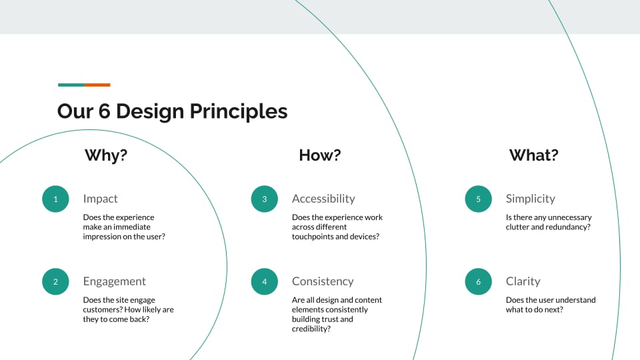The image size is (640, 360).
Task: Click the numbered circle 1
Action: point(55,199)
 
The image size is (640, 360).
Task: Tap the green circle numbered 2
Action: point(55,281)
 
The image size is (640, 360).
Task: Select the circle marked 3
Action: point(265,199)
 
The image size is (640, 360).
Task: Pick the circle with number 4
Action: point(265,281)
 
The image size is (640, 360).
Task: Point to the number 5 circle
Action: point(479,199)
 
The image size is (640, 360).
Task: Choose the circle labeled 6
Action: point(479,281)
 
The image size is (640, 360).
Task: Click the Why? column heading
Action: point(106,155)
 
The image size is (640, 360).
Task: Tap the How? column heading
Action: point(320,155)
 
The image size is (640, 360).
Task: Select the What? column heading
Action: point(534,155)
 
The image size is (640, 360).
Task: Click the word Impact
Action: point(100,199)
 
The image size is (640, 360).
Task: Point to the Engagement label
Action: point(114,281)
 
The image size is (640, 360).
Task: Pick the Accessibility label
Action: point(323,199)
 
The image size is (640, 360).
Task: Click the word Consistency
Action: point(323,281)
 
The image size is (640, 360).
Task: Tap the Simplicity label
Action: point(530,199)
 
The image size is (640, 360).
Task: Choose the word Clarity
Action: point(523,281)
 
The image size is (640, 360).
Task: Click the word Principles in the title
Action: point(239,111)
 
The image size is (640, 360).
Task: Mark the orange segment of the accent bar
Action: point(97,85)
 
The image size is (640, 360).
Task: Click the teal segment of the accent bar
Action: point(71,85)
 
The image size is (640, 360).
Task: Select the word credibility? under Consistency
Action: point(311,329)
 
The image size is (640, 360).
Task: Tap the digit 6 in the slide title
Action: point(105,111)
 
